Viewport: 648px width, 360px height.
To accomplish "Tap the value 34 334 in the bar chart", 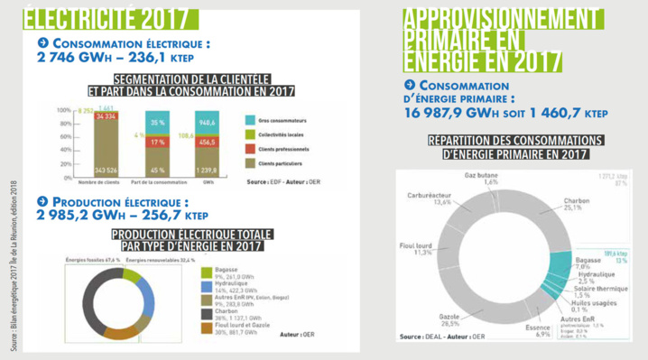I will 106,116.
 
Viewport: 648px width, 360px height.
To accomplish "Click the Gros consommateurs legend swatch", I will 250,120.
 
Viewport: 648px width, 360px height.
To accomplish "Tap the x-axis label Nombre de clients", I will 106,182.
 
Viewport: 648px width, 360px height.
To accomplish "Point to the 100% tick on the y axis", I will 63,110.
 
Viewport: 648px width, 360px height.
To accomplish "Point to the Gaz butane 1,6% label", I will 480,178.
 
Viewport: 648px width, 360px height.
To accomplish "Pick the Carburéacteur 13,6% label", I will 429,198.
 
